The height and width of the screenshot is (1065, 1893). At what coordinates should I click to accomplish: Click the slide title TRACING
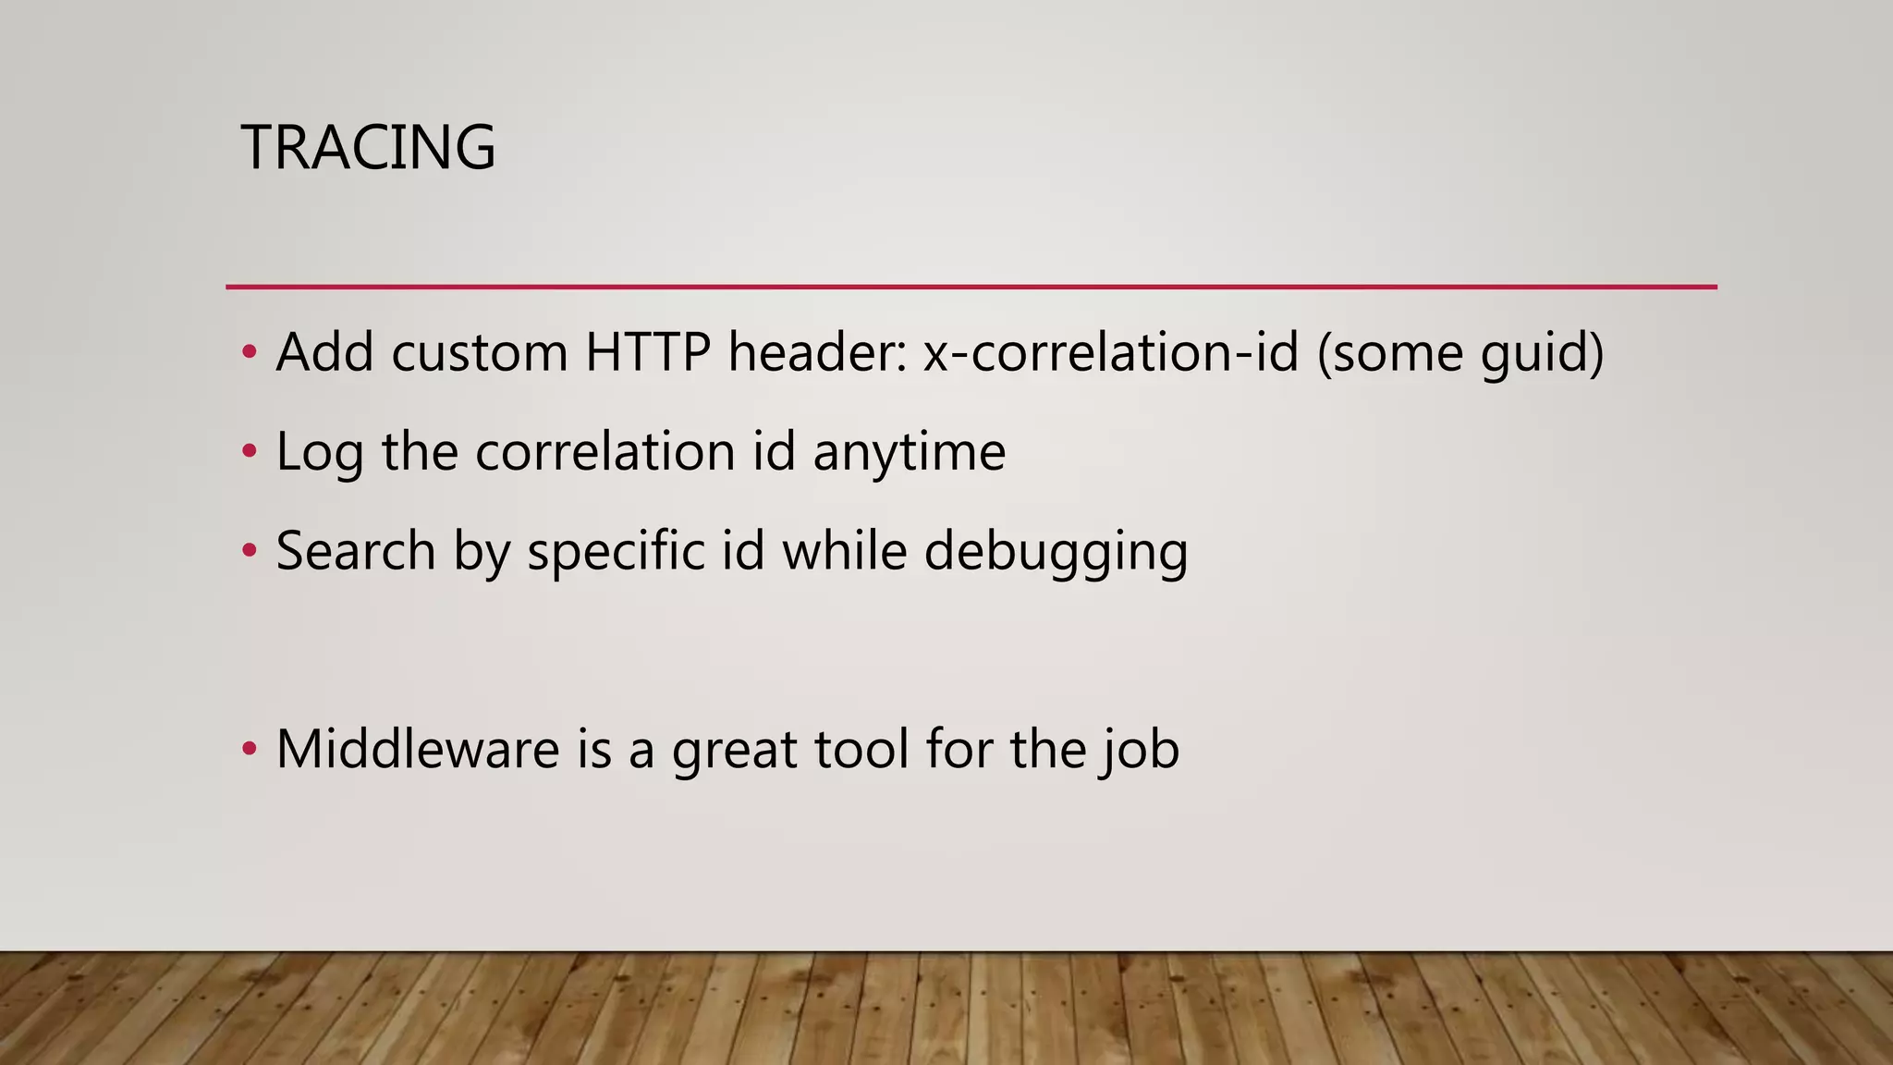(x=368, y=147)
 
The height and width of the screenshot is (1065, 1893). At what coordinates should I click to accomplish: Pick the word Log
(x=320, y=453)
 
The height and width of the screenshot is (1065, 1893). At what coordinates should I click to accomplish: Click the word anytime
(x=909, y=453)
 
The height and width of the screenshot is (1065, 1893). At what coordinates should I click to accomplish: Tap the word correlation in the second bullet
(x=605, y=451)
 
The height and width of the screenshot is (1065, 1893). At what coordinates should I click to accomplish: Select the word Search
(x=355, y=551)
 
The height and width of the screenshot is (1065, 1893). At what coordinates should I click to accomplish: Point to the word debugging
(x=1056, y=552)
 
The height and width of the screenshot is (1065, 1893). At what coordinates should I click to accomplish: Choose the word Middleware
(x=418, y=749)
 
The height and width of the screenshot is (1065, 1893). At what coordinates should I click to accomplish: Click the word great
(x=734, y=751)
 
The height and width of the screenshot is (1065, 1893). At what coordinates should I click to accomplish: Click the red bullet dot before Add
(x=248, y=352)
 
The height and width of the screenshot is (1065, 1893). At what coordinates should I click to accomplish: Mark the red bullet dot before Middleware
(x=248, y=749)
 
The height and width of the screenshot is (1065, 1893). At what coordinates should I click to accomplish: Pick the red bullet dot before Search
(x=248, y=551)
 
